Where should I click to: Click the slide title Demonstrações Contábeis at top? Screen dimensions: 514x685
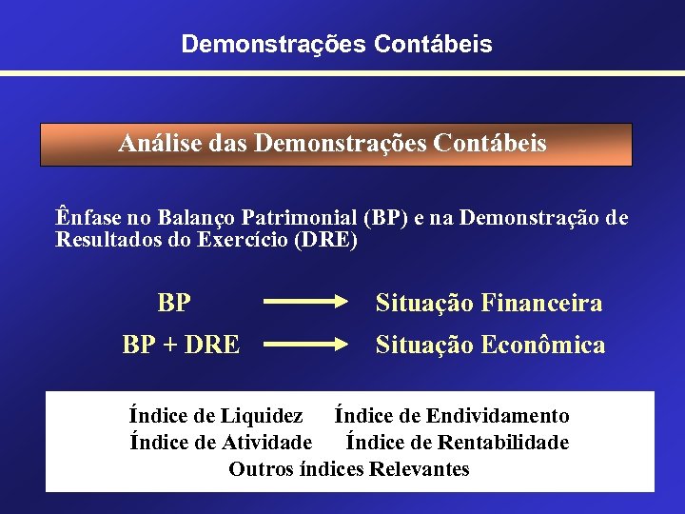pos(337,44)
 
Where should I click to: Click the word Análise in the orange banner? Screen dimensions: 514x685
pos(153,144)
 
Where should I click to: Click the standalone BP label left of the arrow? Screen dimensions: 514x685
pos(174,304)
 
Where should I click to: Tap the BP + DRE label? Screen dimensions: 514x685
pos(181,345)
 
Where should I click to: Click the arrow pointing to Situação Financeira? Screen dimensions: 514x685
pos(306,304)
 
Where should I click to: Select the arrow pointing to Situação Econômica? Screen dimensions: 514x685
pos(306,345)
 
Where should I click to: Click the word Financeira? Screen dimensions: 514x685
pos(542,304)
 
